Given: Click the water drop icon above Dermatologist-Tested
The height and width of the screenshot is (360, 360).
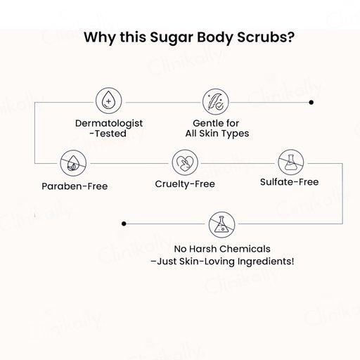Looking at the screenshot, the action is (x=108, y=101).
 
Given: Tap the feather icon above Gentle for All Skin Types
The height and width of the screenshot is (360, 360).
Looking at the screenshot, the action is (x=215, y=102).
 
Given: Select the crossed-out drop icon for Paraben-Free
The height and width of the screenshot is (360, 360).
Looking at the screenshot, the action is (x=73, y=163).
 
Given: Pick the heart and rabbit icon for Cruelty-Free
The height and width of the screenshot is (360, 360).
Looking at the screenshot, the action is (x=185, y=162).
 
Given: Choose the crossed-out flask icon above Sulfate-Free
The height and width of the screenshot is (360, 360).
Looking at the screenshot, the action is (x=291, y=162).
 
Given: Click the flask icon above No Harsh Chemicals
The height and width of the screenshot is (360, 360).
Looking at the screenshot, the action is (x=221, y=225).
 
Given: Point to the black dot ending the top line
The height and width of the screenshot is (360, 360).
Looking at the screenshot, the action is (x=311, y=102).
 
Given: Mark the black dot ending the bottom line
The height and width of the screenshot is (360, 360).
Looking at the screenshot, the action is (x=124, y=224).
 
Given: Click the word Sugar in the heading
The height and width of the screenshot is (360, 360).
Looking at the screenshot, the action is (x=172, y=38).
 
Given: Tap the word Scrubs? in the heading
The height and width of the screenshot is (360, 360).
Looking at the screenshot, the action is (x=266, y=37).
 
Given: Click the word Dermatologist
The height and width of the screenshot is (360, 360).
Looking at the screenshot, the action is (x=109, y=124).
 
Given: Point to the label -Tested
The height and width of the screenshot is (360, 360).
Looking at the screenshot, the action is (x=108, y=134).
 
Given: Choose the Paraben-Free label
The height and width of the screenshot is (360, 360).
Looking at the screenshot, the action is (x=75, y=186).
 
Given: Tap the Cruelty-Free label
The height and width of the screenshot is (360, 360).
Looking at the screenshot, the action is (x=185, y=184).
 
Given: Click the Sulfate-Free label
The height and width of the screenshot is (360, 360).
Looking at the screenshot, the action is (x=290, y=182).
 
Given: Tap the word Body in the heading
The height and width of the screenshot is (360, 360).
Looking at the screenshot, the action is (x=215, y=38).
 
